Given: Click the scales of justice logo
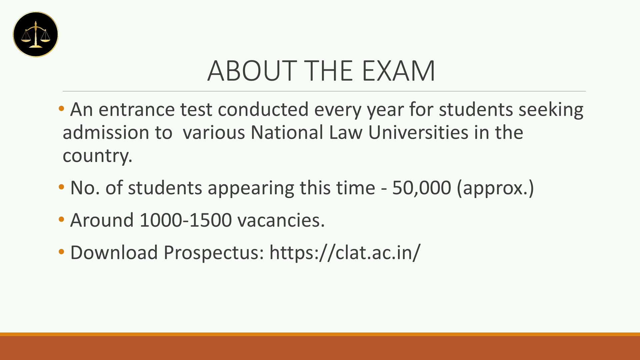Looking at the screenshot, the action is click(36, 34).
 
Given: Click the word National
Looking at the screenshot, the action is click(287, 132).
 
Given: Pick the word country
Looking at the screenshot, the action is click(97, 156).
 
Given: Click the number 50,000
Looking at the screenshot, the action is click(422, 188).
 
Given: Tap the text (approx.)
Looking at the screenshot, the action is click(495, 188).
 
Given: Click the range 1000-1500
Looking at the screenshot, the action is click(186, 220).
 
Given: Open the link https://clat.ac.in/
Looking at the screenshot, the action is click(345, 252).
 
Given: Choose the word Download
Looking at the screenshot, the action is click(114, 252).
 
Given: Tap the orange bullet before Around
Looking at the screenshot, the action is click(61, 220).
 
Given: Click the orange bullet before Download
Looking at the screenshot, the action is click(61, 252).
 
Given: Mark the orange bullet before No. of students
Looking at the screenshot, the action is click(61, 187).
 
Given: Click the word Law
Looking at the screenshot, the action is click(346, 132).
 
